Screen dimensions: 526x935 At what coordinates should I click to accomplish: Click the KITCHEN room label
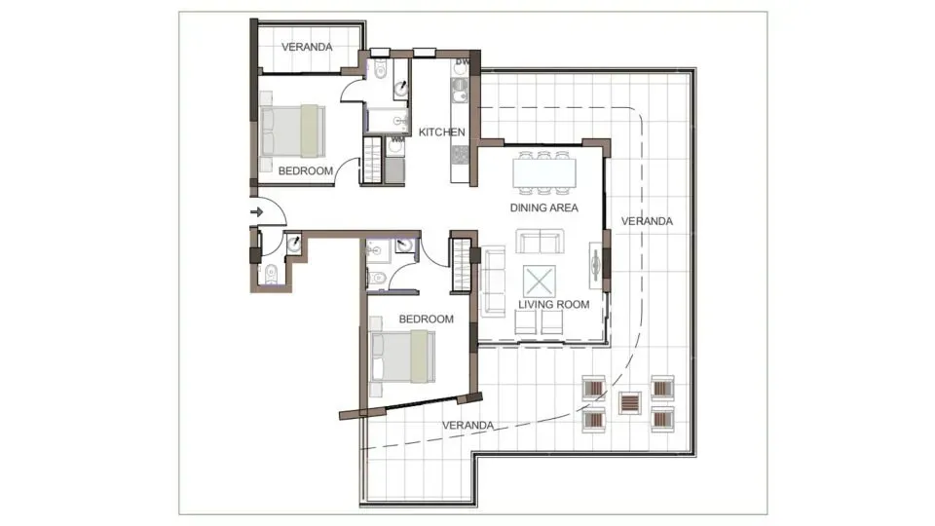coord(441,132)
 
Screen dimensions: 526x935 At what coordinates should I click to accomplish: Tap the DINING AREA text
coord(544,207)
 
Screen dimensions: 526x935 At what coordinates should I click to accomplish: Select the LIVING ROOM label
coord(553,304)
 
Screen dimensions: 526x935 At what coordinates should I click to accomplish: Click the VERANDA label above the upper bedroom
coord(307,47)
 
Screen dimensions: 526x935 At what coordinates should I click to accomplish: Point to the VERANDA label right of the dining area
coord(647,221)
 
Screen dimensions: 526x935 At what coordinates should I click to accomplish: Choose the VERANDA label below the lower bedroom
coord(468,426)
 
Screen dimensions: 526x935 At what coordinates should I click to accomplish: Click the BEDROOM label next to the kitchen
coord(306,171)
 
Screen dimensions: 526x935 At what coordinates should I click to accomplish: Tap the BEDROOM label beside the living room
coord(427,319)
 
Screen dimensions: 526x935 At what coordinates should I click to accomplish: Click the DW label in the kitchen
coord(463,63)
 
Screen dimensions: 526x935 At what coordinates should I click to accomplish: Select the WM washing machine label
coord(396,140)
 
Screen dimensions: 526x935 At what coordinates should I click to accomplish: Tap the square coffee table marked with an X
coord(539,282)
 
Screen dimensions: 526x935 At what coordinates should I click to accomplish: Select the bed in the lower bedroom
coord(402,357)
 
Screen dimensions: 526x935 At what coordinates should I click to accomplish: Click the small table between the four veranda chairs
coord(630,401)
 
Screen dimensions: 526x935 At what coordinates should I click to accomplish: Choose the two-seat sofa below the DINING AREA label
coord(539,242)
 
